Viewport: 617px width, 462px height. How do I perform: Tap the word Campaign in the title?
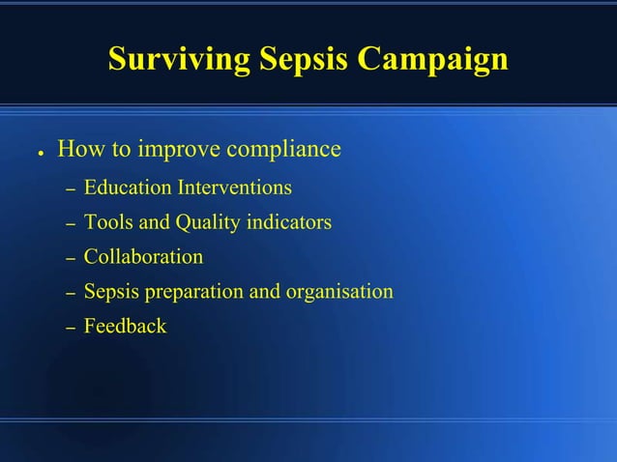433,59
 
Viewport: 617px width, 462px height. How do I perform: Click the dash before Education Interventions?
70,188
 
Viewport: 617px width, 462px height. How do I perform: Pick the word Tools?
107,222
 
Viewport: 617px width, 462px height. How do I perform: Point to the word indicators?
287,222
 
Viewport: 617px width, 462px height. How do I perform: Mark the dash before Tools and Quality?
70,224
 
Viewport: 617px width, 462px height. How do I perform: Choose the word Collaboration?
143,257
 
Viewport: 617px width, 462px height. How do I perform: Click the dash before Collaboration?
70,259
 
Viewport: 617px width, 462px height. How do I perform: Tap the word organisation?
338,292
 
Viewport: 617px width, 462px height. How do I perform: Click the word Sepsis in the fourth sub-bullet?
111,292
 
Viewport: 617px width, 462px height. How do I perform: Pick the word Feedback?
125,327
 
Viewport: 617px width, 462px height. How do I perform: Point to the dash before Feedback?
70,329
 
